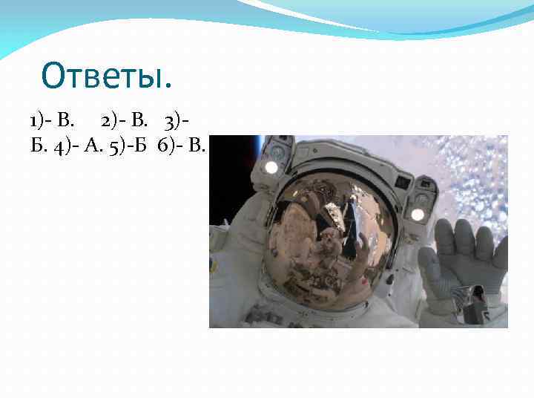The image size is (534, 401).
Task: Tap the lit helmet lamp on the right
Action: pos(418,215)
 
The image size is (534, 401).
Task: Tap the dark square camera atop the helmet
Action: pos(403,181)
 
